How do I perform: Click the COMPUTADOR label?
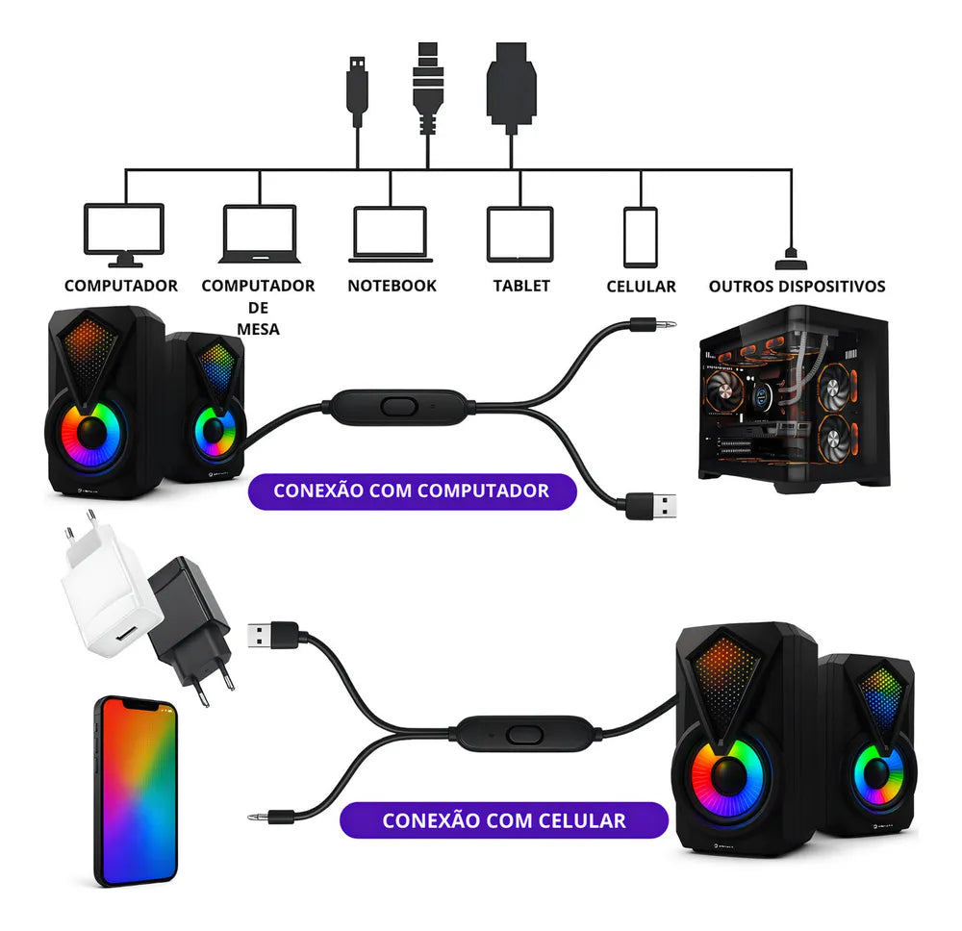121,286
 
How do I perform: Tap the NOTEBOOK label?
392,286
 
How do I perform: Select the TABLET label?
521,286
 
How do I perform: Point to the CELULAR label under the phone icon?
641,287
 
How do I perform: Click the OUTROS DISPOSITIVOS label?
797,287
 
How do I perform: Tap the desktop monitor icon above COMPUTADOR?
124,234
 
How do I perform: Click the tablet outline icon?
519,234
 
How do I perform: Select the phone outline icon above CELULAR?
640,237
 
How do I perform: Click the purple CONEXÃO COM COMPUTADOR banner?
411,491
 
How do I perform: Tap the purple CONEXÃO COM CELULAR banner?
504,820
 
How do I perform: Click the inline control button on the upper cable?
397,405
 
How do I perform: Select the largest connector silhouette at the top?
513,82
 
